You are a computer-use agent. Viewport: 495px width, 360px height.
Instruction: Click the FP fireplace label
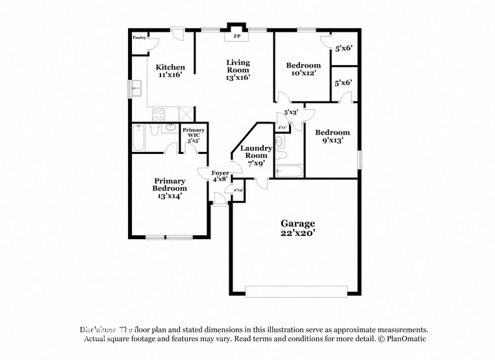coord(236,37)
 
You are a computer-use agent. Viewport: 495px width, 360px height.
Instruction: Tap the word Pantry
coord(139,38)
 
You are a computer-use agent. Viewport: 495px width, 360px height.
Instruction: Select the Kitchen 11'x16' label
coord(170,71)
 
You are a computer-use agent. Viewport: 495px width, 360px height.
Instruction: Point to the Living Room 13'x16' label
coord(237,70)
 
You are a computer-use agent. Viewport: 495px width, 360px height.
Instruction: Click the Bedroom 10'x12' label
coord(303,69)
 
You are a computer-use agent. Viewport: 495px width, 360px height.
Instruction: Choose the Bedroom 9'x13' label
coord(332,136)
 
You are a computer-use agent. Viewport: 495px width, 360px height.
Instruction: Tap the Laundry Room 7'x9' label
coord(256,155)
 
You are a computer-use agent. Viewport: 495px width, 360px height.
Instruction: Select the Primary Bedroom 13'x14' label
coord(170,188)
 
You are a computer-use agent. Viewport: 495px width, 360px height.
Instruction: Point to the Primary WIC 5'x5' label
coord(194,135)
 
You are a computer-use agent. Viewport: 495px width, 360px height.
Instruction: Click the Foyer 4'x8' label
coord(220,175)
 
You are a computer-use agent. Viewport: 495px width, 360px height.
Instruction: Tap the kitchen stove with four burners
coord(159,115)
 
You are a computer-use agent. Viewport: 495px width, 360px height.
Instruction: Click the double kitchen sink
coord(136,88)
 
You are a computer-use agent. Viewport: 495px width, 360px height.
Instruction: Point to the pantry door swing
coord(153,44)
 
